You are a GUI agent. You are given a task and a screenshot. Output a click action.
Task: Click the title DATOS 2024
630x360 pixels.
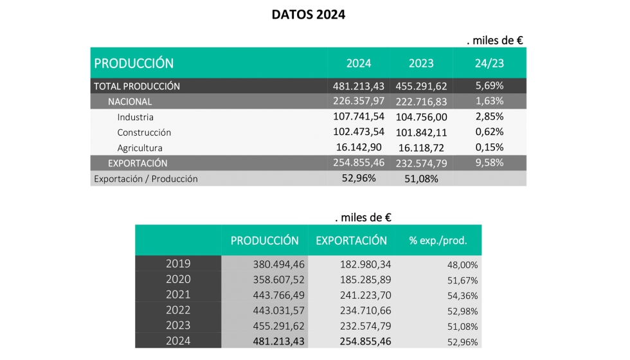[x=308, y=15]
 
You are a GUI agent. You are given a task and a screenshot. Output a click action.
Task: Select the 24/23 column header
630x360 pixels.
[x=489, y=63]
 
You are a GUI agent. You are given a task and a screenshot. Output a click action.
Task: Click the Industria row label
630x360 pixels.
[x=135, y=117]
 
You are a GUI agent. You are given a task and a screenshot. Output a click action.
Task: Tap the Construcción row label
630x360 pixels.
[x=144, y=132]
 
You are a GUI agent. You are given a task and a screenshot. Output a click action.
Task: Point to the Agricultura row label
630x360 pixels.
[x=139, y=148]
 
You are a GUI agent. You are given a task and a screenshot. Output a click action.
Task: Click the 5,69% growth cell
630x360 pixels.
[x=489, y=85]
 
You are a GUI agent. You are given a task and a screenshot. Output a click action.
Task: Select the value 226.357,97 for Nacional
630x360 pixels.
[x=359, y=101]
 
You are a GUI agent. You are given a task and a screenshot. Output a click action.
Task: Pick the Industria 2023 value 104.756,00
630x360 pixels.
[x=422, y=117]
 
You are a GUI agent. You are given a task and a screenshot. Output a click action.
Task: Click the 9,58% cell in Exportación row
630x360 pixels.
[x=489, y=163]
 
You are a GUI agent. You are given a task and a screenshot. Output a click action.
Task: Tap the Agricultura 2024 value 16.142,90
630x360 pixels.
[x=359, y=148]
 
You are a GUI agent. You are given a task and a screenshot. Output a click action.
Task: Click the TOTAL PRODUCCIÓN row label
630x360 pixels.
[x=137, y=86]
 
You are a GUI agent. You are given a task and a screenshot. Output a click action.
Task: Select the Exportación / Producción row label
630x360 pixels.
[x=146, y=179]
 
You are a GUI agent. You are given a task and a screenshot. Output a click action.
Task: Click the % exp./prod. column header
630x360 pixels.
[x=438, y=241]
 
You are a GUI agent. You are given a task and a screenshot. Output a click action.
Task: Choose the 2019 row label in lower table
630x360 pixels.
[x=178, y=264]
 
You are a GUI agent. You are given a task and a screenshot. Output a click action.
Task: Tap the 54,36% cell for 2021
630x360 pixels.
[x=462, y=295]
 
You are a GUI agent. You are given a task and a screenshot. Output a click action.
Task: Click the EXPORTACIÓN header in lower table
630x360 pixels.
[x=351, y=240]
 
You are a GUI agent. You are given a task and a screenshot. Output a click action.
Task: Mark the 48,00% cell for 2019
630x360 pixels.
[x=462, y=264]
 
